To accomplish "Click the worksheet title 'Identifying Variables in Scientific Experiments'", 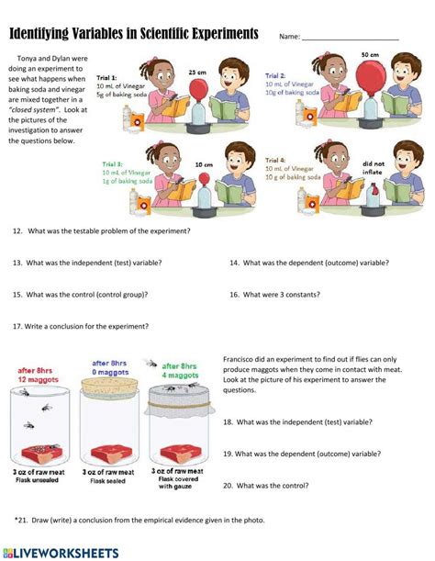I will click(134, 34).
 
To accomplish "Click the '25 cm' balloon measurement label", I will click(196, 71).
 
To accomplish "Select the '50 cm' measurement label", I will click(370, 55).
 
